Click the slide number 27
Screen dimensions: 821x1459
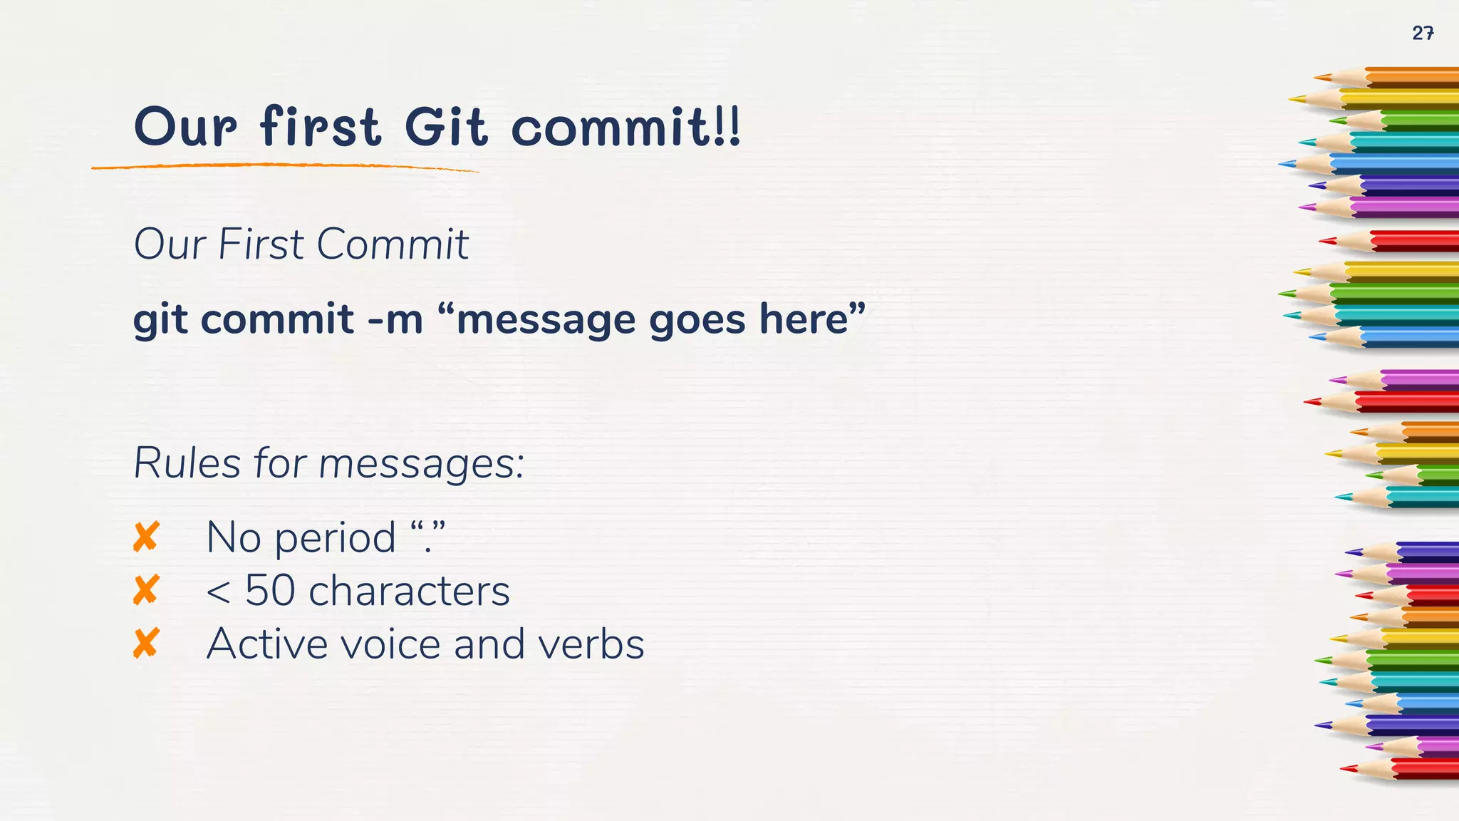[x=1423, y=33]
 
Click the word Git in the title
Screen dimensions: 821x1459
[x=446, y=128]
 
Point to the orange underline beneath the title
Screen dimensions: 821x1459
[x=285, y=166]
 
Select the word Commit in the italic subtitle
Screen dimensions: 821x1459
[x=392, y=244]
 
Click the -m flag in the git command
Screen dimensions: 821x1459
[x=395, y=319]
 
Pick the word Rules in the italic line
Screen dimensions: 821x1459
[x=187, y=463]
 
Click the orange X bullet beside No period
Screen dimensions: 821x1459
[x=146, y=537]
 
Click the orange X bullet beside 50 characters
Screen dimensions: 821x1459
[x=146, y=590]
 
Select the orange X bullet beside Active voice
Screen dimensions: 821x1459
[x=146, y=644]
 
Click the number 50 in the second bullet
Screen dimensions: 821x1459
[x=270, y=590]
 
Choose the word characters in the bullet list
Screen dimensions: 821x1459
[x=409, y=591]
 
